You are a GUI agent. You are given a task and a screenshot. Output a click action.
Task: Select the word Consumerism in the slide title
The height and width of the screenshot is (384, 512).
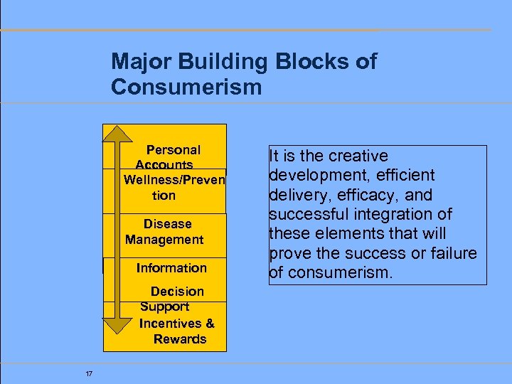tap(186, 87)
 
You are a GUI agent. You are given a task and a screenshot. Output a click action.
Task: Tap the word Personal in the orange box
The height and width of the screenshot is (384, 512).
tap(173, 150)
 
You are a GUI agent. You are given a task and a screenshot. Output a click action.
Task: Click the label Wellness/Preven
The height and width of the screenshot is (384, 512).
tap(174, 180)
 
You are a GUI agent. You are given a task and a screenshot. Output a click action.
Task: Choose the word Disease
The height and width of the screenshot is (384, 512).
tap(167, 224)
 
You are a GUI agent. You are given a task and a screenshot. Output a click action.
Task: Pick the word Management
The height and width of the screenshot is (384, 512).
tap(164, 240)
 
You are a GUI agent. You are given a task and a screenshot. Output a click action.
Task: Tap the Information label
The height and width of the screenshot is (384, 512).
tap(171, 268)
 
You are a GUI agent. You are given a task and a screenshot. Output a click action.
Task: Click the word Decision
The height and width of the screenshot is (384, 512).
tap(177, 292)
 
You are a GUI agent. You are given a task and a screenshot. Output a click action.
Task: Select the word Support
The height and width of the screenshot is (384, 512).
tap(164, 306)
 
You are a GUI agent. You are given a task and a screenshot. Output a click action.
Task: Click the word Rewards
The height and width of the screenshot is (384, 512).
tap(180, 339)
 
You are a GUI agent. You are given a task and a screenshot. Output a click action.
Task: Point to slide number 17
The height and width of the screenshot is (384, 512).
tap(88, 374)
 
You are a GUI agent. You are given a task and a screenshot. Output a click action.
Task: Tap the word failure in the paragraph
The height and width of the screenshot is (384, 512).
tap(452, 254)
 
